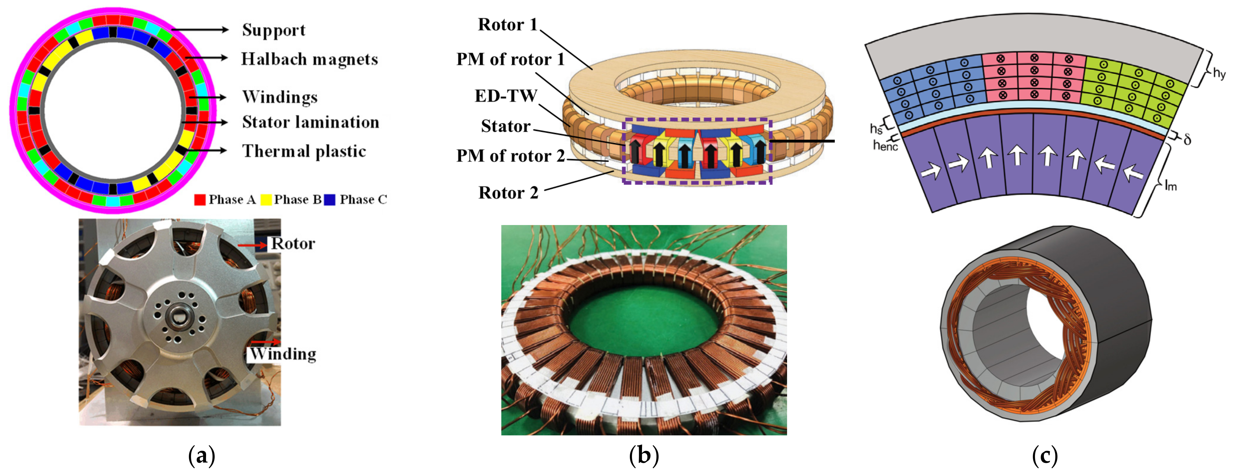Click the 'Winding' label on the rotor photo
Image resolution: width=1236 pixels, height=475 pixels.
pyautogui.click(x=283, y=354)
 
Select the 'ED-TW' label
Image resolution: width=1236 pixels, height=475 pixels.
pyautogui.click(x=506, y=96)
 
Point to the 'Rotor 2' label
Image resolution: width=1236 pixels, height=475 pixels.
pyautogui.click(x=508, y=193)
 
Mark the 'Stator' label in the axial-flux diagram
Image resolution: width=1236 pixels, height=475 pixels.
pyautogui.click(x=506, y=126)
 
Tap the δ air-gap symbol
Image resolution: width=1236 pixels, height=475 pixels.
pyautogui.click(x=1187, y=140)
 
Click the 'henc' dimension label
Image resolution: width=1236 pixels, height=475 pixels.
pyautogui.click(x=885, y=145)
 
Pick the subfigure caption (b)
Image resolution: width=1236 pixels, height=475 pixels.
pyautogui.click(x=644, y=455)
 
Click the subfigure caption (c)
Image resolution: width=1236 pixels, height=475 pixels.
pyautogui.click(x=1044, y=455)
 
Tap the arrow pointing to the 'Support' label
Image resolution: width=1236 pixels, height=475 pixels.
pyautogui.click(x=200, y=30)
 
